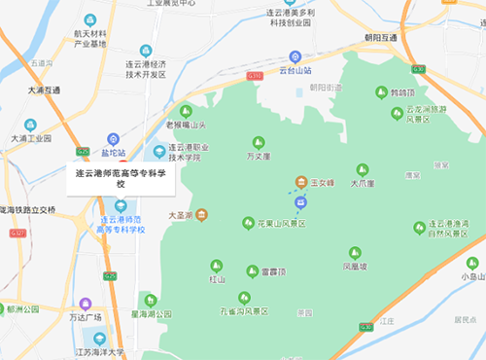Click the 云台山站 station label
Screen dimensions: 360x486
tap(295, 71)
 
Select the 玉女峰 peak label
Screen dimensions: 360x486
tap(322, 182)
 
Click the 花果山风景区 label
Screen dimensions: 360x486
tap(274, 224)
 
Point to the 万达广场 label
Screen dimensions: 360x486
tap(85, 318)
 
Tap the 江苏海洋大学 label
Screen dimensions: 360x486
tap(101, 352)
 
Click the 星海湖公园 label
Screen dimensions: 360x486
tap(151, 314)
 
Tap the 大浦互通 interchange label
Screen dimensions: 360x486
tap(44, 90)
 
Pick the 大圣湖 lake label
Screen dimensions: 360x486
tap(180, 215)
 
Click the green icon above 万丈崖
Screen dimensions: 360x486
tap(257, 142)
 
